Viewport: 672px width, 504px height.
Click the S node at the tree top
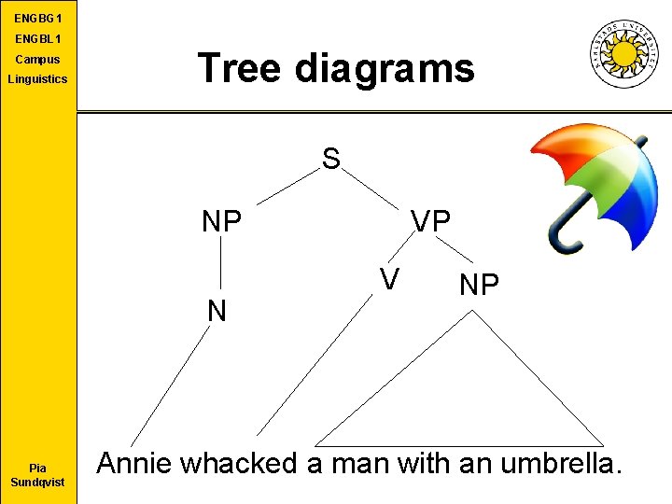click(x=331, y=159)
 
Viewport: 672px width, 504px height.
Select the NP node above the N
click(x=222, y=221)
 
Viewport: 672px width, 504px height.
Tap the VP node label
click(x=431, y=221)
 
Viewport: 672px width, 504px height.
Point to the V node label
click(x=390, y=278)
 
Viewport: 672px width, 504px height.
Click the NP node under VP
click(x=479, y=285)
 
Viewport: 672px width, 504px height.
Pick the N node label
click(x=217, y=310)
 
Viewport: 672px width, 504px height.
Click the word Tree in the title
click(x=240, y=68)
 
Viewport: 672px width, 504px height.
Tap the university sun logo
click(x=623, y=53)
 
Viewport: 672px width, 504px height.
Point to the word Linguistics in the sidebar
click(x=38, y=79)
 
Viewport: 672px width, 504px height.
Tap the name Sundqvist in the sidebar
click(x=38, y=483)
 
